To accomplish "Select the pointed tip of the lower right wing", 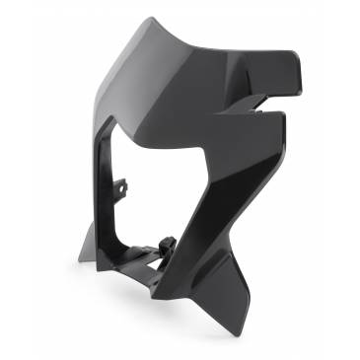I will pyautogui.click(x=284, y=116).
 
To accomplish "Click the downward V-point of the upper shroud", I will pyautogui.click(x=203, y=160).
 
